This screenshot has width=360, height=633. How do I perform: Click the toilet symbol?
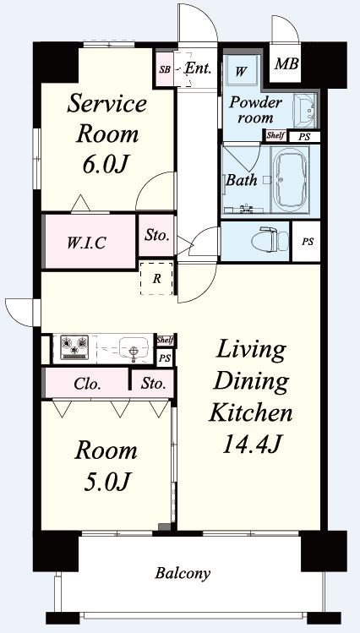click(x=270, y=241)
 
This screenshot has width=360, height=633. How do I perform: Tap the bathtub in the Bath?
click(x=290, y=178)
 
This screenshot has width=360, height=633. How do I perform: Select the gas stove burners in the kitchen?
click(x=74, y=347)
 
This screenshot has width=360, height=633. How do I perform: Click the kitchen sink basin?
click(x=133, y=347)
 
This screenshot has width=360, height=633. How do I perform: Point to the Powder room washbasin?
click(x=305, y=110)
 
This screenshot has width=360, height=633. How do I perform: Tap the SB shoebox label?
click(x=164, y=69)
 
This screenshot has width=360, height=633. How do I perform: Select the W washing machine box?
click(x=241, y=70)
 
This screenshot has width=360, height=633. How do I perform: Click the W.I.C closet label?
click(x=87, y=243)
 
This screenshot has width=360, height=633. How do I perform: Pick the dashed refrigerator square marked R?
click(x=156, y=278)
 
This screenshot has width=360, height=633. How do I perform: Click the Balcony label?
click(x=183, y=573)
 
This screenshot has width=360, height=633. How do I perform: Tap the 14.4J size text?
click(x=252, y=445)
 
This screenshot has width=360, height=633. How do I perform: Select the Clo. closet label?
click(x=87, y=384)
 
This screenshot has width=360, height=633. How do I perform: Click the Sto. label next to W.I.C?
click(x=156, y=236)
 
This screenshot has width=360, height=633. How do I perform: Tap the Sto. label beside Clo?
click(x=153, y=384)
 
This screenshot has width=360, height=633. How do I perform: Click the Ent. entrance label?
click(x=198, y=68)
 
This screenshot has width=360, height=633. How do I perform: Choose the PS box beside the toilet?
click(x=306, y=241)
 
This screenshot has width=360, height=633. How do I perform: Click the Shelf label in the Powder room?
click(x=275, y=135)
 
